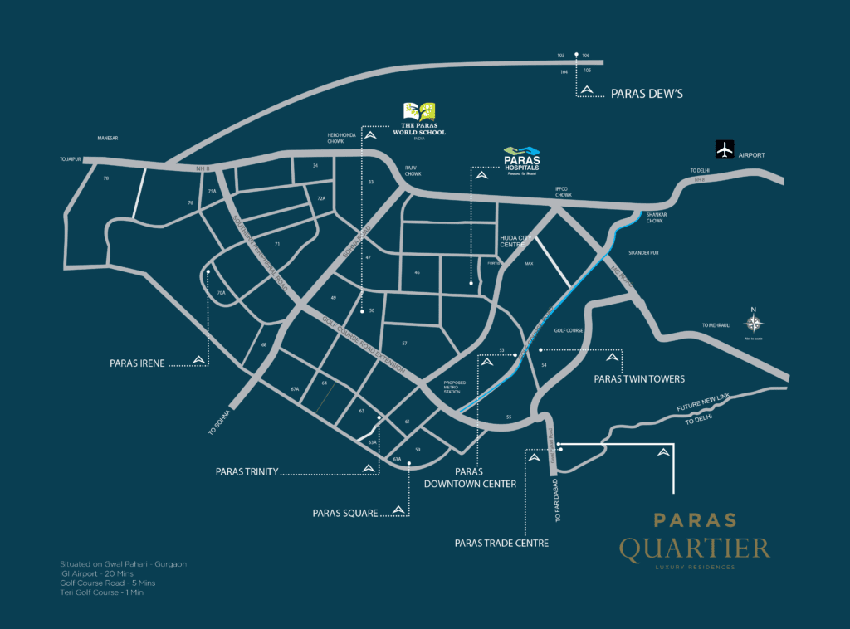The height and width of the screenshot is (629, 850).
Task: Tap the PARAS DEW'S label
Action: [646, 94]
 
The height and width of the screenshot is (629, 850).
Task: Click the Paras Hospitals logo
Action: [522, 160]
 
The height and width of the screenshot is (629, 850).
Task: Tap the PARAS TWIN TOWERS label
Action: [639, 378]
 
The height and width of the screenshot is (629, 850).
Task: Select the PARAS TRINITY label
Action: [247, 471]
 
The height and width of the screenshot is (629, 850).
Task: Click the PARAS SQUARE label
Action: [344, 513]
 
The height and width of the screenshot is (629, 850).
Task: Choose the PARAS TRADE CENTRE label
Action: [501, 543]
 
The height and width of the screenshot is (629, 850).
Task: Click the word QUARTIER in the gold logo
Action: [694, 548]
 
